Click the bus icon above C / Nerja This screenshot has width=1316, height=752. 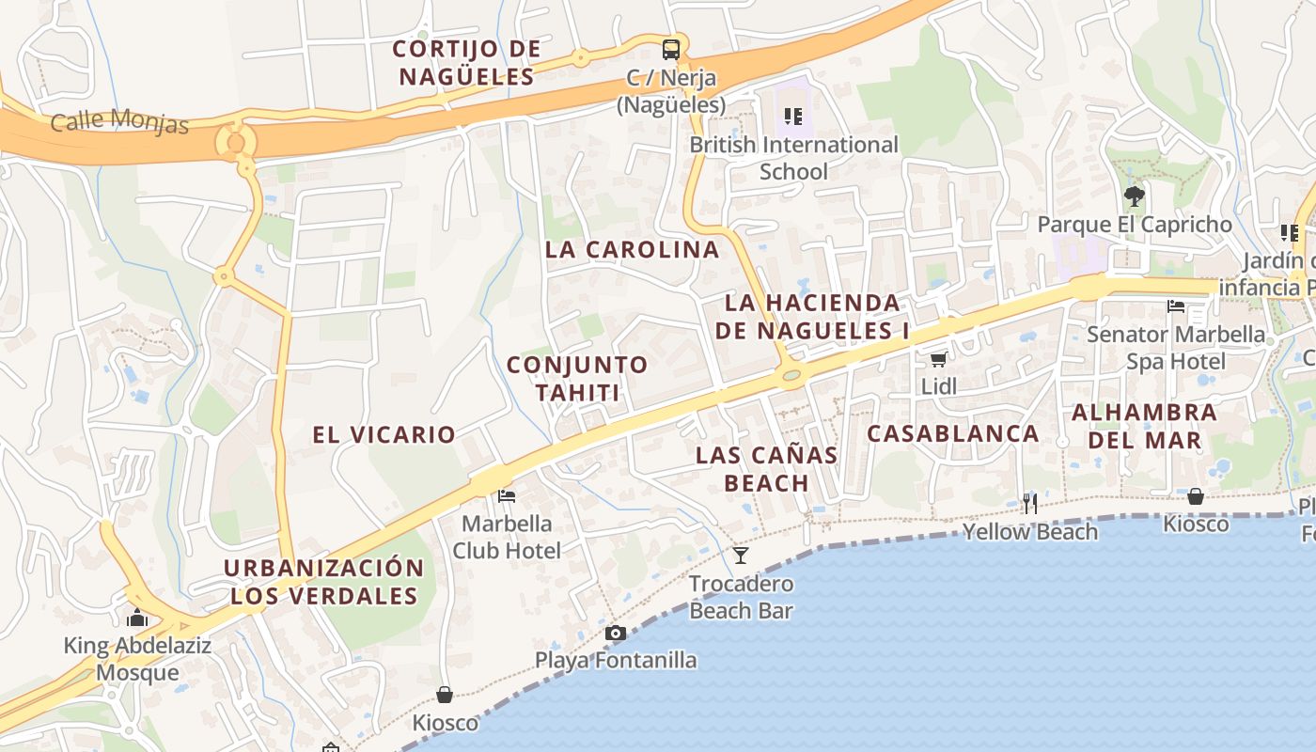click(x=671, y=49)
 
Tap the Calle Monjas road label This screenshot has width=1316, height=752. click(x=119, y=121)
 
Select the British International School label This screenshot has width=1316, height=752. click(x=793, y=158)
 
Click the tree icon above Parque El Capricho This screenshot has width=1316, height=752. click(x=1135, y=196)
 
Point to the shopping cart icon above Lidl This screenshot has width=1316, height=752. click(x=938, y=359)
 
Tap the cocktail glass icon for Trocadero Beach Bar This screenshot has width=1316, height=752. click(x=741, y=556)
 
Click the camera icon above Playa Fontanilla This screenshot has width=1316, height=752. click(x=616, y=633)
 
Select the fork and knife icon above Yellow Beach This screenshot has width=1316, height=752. click(x=1030, y=504)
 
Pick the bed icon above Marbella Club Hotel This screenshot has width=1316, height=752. click(x=507, y=495)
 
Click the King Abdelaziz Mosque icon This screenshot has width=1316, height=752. click(x=138, y=619)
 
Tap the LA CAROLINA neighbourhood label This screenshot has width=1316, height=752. click(x=632, y=250)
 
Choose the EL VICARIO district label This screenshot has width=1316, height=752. click(x=384, y=434)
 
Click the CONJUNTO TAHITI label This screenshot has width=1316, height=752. click(x=577, y=378)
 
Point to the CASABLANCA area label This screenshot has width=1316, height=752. click(x=952, y=433)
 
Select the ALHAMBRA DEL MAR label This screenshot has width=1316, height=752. click(x=1144, y=426)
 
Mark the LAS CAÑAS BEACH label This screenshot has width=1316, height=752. click(x=766, y=468)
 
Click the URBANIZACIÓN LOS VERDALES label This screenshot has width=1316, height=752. click(x=324, y=582)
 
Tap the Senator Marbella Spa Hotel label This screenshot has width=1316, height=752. click(x=1175, y=347)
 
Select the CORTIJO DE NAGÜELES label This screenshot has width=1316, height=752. click(x=466, y=62)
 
